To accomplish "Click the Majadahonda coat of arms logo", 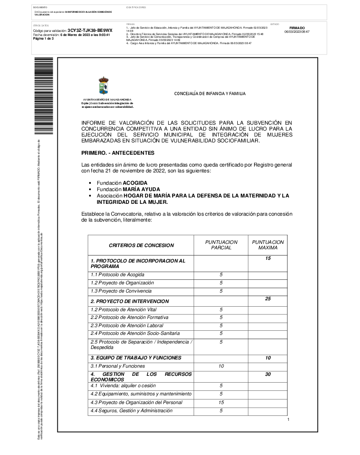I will point(104,86).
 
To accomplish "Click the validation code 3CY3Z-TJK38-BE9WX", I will point(90,30).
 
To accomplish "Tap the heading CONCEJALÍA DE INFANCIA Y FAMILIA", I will point(210,94).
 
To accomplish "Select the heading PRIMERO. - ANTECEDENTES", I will point(118,152).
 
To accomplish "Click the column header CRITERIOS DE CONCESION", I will point(141,245).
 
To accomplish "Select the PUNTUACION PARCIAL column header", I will point(221,245).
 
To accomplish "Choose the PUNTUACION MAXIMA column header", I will point(268,245).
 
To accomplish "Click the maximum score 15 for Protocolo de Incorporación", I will point(268,258).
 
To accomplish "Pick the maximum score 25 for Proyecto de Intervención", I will point(268,298).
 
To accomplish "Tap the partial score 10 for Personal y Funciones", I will point(221,366).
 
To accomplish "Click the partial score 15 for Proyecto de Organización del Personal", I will point(221,402).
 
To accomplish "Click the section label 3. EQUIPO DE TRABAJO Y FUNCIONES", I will point(136,358).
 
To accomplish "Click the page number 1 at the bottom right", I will point(288,420).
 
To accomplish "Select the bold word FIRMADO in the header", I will point(297,28).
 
